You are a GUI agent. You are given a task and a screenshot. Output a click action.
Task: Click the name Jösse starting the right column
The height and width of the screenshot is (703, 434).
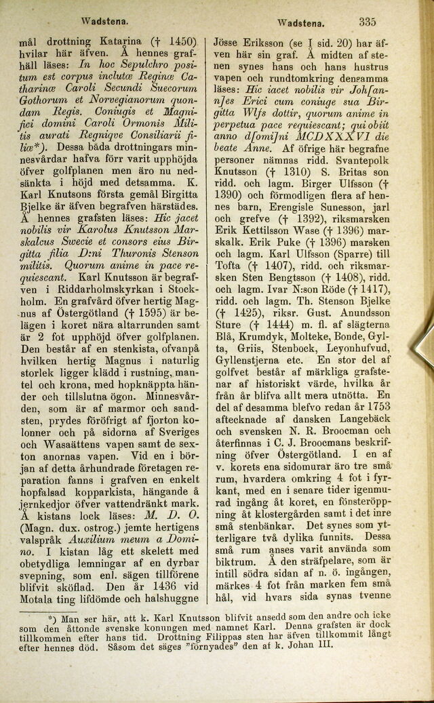[x=229, y=40]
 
